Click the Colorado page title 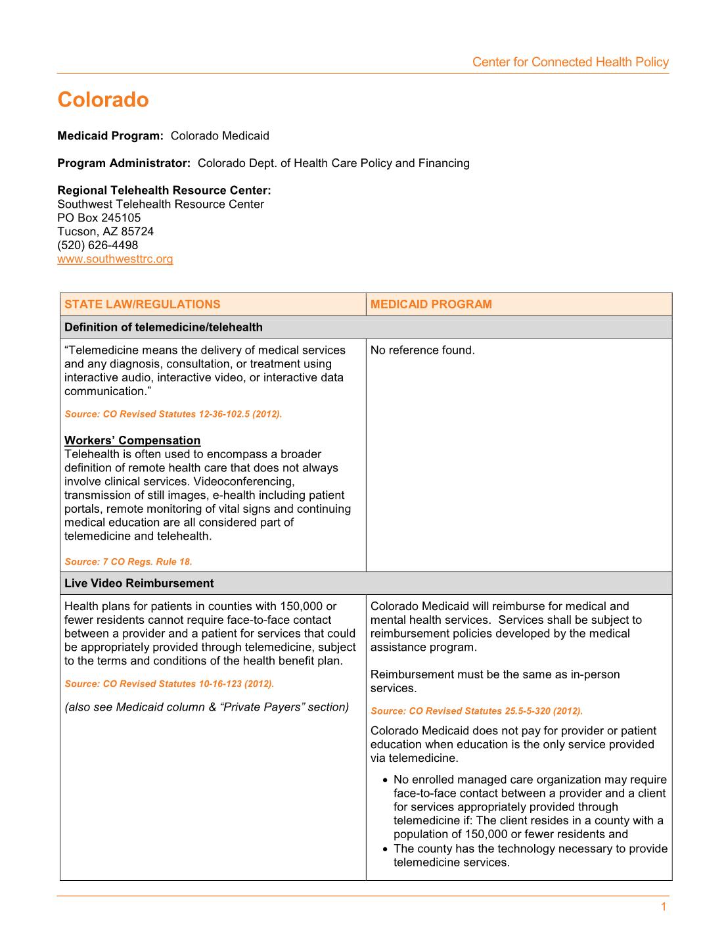[103, 100]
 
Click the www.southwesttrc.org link [115, 259]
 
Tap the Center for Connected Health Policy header [570, 62]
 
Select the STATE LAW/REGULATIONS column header [143, 304]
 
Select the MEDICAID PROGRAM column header [431, 304]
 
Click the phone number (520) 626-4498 [98, 245]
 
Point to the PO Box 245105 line [99, 218]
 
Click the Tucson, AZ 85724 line [106, 231]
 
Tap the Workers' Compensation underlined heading [132, 440]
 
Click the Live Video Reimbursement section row [139, 583]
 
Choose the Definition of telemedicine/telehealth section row [164, 327]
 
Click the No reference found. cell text [422, 350]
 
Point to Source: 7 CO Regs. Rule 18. [128, 562]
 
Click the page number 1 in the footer [664, 907]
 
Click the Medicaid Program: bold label [110, 136]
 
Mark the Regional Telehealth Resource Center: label [164, 191]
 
